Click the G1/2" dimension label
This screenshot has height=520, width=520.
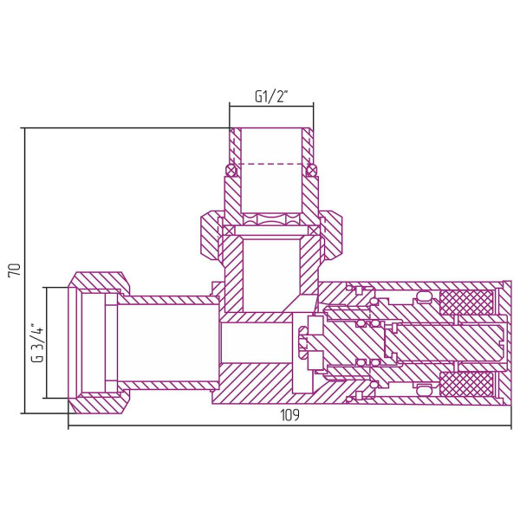coord(271,96)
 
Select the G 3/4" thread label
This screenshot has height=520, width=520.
coord(36,343)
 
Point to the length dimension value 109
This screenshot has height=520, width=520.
coord(289,416)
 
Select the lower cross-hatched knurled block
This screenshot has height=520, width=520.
coord(466,383)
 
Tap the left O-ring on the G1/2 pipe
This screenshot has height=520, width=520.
coord(230,168)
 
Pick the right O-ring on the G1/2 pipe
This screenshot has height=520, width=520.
coord(313,168)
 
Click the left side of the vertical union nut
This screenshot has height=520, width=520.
coord(209,235)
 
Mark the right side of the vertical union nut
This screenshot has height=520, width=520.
coord(332,235)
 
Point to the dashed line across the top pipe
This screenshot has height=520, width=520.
coord(271,164)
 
